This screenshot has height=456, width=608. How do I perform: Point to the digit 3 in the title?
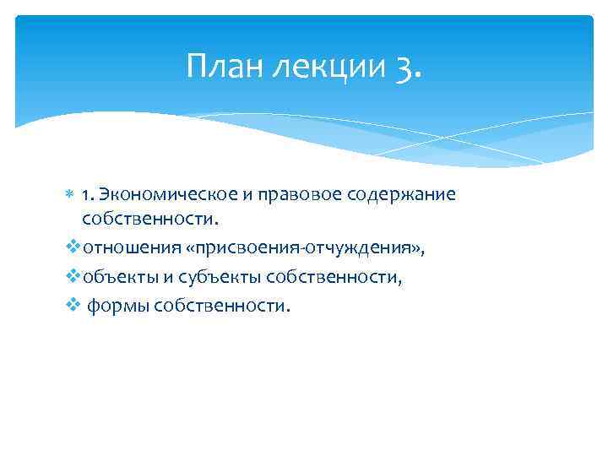click(403, 66)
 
